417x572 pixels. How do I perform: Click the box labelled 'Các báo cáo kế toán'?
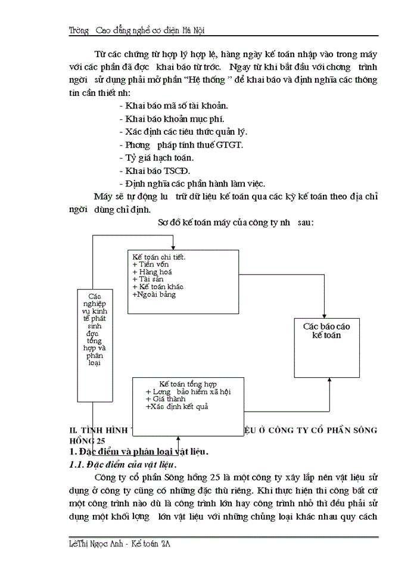point(326,347)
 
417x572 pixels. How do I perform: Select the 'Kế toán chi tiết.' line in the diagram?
point(159,257)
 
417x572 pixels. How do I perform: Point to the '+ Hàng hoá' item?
point(153,272)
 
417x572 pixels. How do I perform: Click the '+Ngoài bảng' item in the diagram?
point(154,294)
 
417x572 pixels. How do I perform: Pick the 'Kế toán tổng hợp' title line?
point(188,384)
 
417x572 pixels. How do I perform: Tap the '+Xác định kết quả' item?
point(177,407)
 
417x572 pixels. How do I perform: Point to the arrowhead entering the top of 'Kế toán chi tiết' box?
point(173,247)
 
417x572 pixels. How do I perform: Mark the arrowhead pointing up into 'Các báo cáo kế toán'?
point(329,381)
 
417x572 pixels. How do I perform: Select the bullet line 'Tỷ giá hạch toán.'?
point(156,158)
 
